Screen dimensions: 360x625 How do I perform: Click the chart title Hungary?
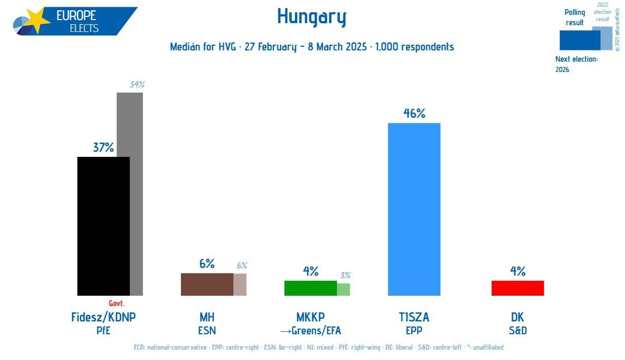pos(312,17)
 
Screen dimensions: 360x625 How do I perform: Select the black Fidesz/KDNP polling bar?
pos(103,226)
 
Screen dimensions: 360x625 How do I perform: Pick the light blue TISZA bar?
pos(414,209)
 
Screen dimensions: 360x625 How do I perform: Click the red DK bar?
pos(517,288)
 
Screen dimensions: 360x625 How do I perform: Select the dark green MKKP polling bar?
pos(310,288)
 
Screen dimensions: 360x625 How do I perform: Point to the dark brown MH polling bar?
pos(207,284)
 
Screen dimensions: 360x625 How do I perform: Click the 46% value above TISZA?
pos(414,114)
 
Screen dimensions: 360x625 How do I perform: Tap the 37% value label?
pos(103,148)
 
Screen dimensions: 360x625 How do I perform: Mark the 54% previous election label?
pos(137,85)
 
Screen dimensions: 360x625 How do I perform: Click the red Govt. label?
pos(116,303)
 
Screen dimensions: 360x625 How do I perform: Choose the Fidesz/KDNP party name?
pos(103,317)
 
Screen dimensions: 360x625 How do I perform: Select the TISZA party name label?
pos(414,317)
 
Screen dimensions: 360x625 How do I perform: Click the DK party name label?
pos(517,317)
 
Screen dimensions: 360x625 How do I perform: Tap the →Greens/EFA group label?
pos(310,331)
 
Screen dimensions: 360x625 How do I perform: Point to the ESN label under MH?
pos(207,331)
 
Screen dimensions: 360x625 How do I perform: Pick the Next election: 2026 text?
pos(576,64)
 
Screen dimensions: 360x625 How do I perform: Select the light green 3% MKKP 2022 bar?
pos(343,290)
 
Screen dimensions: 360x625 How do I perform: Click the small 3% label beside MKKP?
pos(345,276)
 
